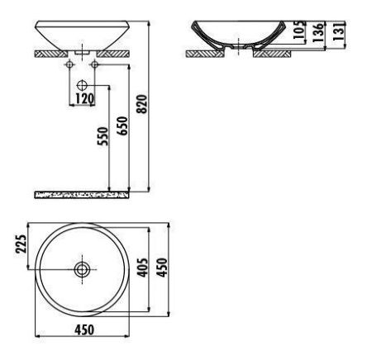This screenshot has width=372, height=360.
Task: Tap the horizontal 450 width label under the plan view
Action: coord(83,330)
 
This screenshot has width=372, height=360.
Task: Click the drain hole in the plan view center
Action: coord(82,268)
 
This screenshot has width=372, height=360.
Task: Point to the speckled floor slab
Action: coord(83,194)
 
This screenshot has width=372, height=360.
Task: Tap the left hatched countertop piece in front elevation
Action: coord(49,53)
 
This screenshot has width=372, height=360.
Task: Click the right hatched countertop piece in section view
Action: coord(272,53)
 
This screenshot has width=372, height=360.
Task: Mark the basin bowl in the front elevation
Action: coord(82,35)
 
